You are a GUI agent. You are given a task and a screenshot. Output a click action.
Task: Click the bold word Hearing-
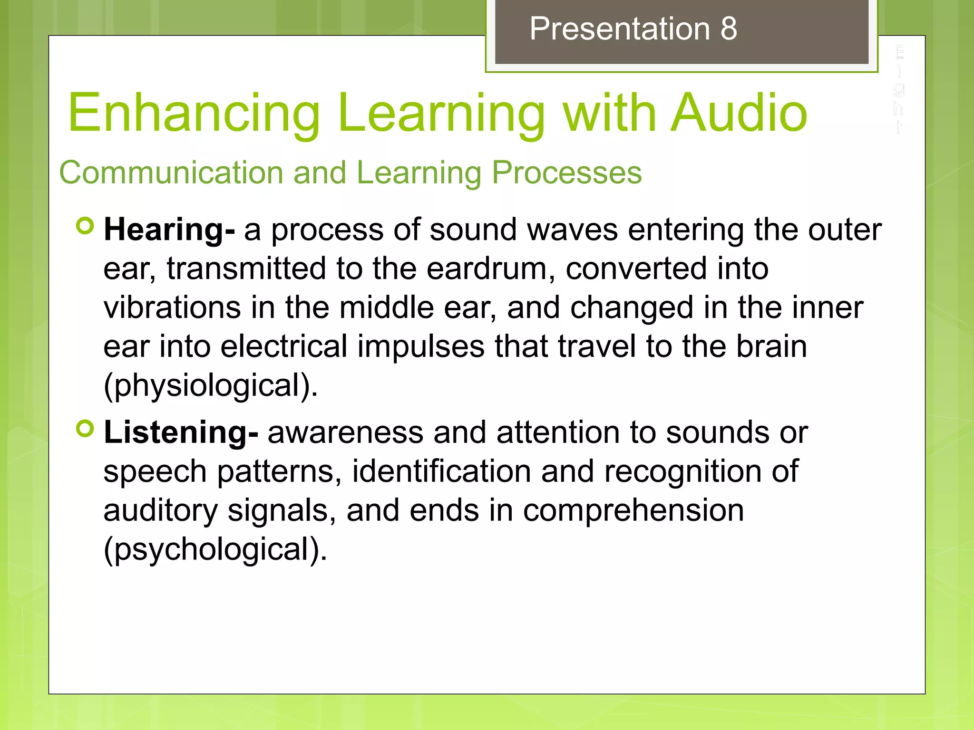169,231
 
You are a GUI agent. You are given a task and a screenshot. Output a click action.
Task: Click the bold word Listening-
181,433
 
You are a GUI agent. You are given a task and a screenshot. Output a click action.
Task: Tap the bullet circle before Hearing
86,226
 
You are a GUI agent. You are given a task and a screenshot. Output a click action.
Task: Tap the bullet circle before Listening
86,429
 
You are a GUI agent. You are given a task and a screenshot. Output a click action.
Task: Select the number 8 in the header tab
729,29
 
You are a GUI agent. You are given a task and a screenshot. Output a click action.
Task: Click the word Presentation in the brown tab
620,29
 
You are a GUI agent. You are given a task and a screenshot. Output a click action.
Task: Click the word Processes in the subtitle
566,172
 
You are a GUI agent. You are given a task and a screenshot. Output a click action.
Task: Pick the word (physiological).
210,385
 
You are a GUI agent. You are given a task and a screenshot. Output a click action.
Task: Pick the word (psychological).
215,549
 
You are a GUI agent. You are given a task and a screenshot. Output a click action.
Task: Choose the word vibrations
172,307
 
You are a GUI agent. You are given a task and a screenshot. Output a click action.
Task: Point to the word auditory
160,511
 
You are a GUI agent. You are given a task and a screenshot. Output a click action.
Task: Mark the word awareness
345,433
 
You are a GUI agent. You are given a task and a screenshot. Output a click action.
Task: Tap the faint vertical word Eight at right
898,89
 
